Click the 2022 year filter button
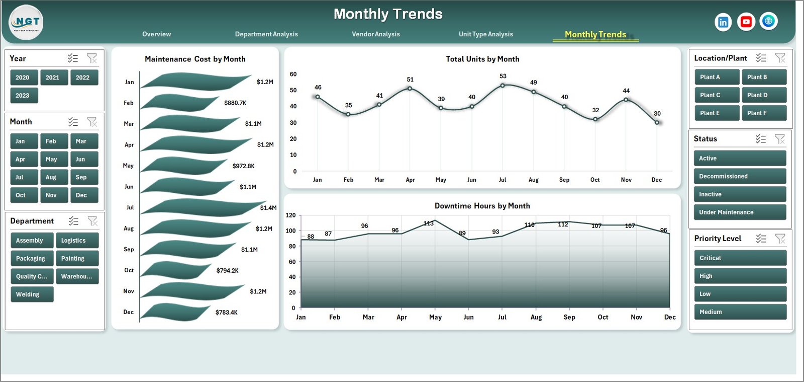pyautogui.click(x=83, y=78)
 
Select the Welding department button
pyautogui.click(x=32, y=294)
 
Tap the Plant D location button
pyautogui.click(x=764, y=95)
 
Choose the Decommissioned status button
pyautogui.click(x=739, y=176)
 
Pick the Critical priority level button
pyautogui.click(x=740, y=258)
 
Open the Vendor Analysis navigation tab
pyautogui.click(x=376, y=34)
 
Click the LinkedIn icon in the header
pyautogui.click(x=723, y=22)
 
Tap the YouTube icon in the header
pyautogui.click(x=746, y=22)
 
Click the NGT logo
pyautogui.click(x=26, y=22)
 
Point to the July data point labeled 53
pyautogui.click(x=502, y=85)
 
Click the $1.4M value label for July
pyautogui.click(x=268, y=208)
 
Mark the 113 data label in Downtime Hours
pyautogui.click(x=428, y=223)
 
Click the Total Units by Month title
pyautogui.click(x=482, y=59)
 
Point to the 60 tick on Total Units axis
pyautogui.click(x=293, y=74)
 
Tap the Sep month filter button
pyautogui.click(x=83, y=177)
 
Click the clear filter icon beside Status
pyautogui.click(x=779, y=139)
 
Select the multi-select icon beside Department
pyautogui.click(x=73, y=221)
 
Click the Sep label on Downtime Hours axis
pyautogui.click(x=569, y=317)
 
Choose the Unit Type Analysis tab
pyautogui.click(x=485, y=34)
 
